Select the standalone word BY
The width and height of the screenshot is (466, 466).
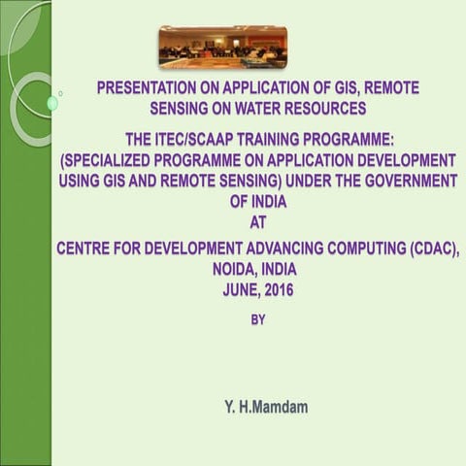(258, 317)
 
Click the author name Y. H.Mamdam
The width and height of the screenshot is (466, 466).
(260, 407)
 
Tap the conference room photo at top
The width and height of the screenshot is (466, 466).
(222, 47)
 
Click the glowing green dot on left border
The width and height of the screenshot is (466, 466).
(51, 103)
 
